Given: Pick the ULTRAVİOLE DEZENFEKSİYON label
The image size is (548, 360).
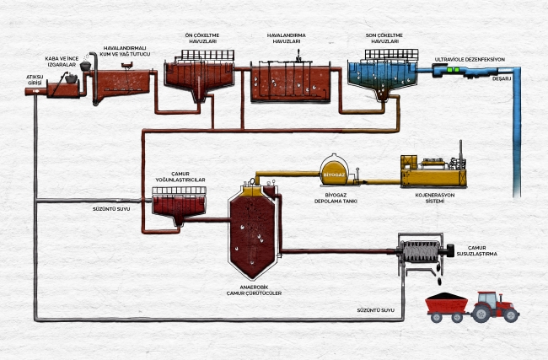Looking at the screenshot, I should [469, 59].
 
